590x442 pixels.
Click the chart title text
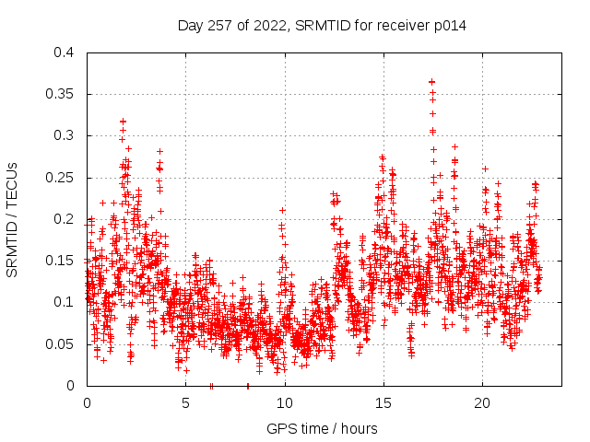pos(322,26)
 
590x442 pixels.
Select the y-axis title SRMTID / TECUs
pos(12,219)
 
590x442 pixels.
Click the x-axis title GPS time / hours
pos(322,428)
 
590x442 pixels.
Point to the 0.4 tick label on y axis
pos(64,52)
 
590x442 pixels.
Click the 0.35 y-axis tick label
pos(60,94)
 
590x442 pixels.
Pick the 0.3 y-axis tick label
pos(64,135)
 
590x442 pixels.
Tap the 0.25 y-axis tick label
pos(60,178)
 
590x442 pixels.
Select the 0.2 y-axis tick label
pos(64,219)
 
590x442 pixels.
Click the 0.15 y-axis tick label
pos(60,261)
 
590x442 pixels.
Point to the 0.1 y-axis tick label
pos(64,302)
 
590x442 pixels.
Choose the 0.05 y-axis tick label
pos(60,344)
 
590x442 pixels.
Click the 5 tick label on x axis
pos(185,403)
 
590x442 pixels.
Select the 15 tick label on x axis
pos(383,403)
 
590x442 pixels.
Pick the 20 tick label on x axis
pos(481,403)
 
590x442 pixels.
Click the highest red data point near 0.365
pos(431,82)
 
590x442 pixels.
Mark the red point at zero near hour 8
pos(247,386)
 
